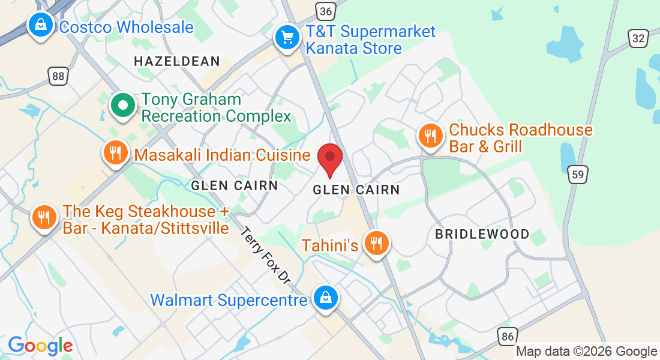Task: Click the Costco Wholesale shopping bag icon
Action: (40, 26)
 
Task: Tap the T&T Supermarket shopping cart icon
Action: (288, 38)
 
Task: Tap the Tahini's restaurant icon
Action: (376, 244)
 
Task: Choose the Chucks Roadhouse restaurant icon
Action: (430, 136)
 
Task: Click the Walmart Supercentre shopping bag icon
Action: (325, 298)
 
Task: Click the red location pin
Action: (329, 159)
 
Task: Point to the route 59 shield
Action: (578, 175)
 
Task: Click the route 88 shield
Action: (58, 76)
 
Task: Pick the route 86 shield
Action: (508, 336)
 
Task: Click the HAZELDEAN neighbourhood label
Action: (177, 61)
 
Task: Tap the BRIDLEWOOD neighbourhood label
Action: (482, 234)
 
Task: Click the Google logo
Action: (40, 346)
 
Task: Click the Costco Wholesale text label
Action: (127, 27)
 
